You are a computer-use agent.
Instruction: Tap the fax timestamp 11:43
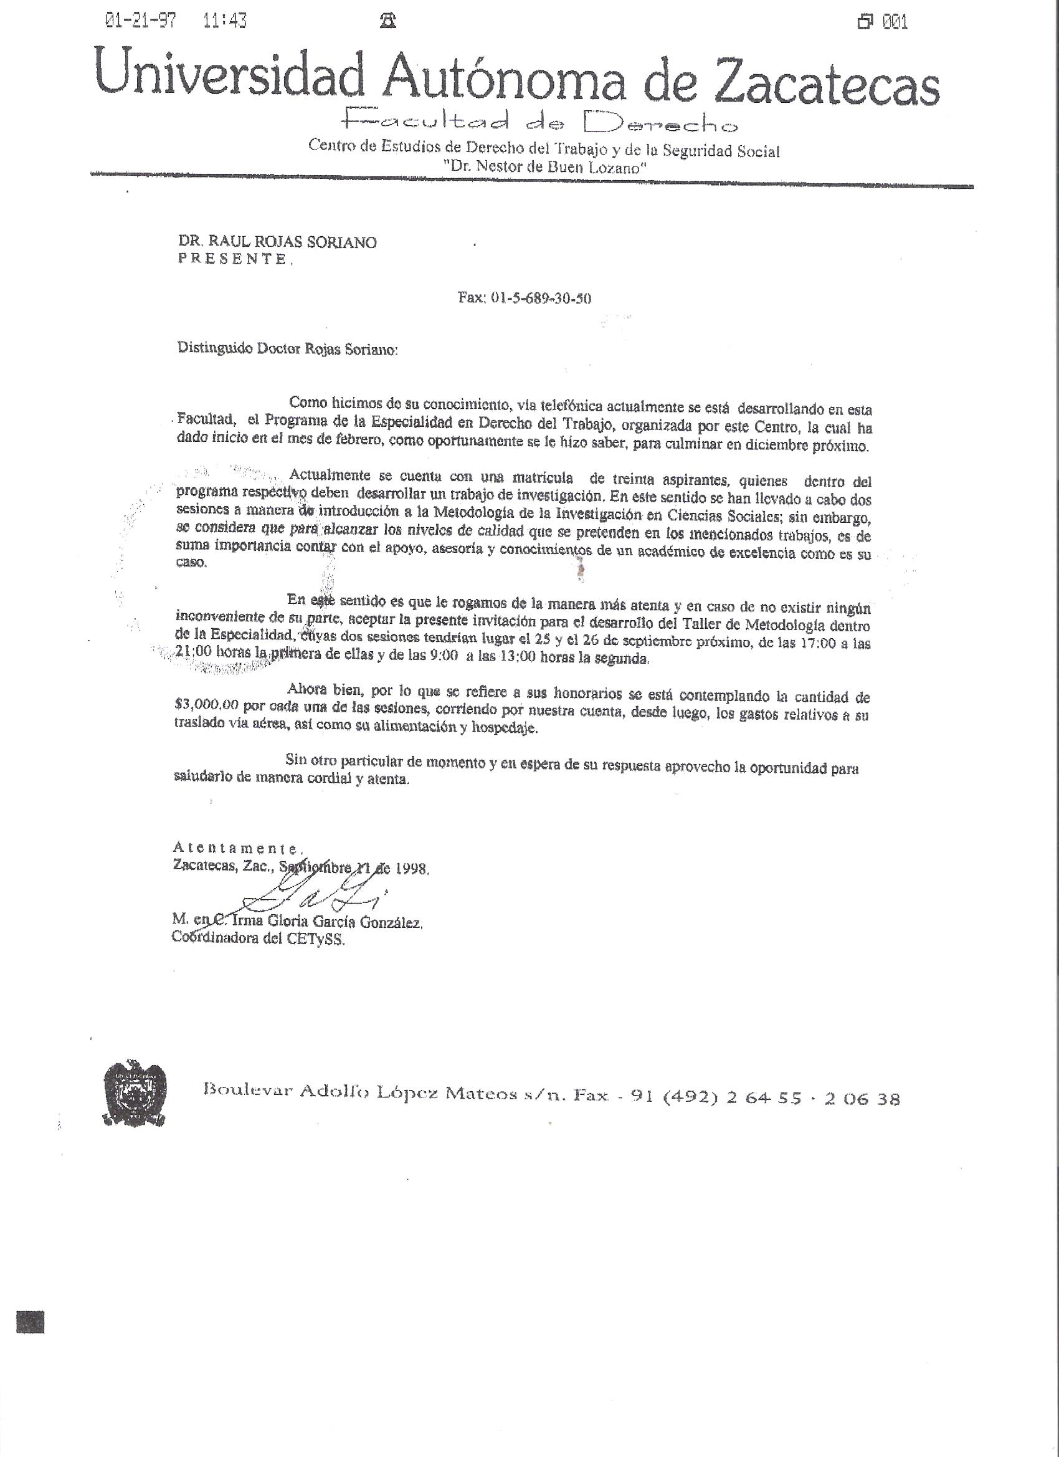224,22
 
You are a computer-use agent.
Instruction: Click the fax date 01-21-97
141,22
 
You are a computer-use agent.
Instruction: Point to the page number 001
895,23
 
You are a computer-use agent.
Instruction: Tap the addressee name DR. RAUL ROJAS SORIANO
277,242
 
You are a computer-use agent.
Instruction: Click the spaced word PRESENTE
232,259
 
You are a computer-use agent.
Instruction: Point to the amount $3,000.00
206,705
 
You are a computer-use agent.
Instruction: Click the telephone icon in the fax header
387,22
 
